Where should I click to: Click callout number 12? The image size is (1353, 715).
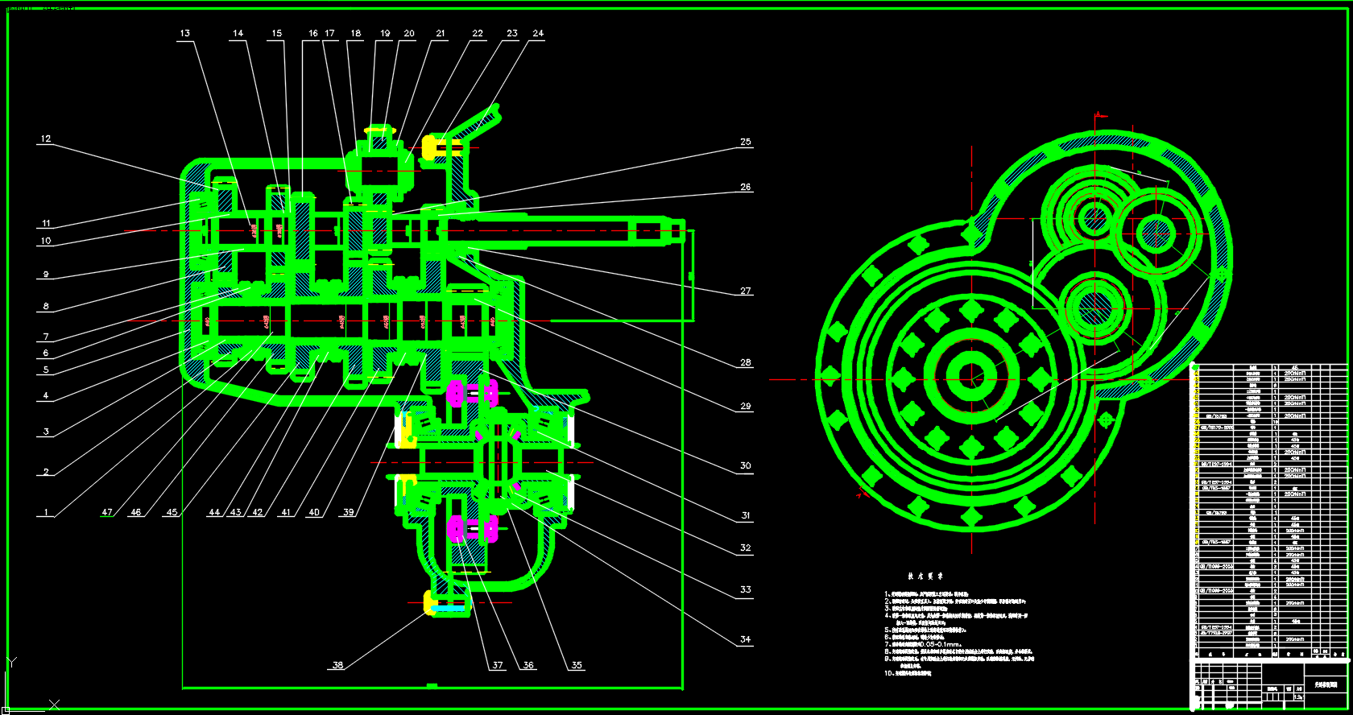[x=46, y=138]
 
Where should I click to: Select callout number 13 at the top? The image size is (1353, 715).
[x=185, y=33]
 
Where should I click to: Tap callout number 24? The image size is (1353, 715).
[x=538, y=33]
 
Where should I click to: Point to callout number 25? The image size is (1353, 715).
[x=746, y=142]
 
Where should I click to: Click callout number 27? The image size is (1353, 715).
[x=746, y=291]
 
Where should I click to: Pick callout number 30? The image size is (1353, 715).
[x=746, y=465]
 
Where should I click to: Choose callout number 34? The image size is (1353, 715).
[x=746, y=639]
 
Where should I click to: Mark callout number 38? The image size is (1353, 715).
[x=337, y=665]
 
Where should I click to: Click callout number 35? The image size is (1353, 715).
[x=577, y=665]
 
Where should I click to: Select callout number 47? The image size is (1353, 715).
[x=107, y=512]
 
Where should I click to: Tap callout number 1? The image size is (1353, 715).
[x=46, y=512]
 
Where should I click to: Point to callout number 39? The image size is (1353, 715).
[x=348, y=512]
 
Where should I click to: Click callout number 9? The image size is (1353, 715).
[x=46, y=275]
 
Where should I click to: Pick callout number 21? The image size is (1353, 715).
[x=441, y=33]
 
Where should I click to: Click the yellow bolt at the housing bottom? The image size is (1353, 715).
[x=435, y=602]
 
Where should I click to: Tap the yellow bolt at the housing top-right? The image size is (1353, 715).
[x=433, y=147]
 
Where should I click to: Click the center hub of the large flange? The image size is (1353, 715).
[x=972, y=375]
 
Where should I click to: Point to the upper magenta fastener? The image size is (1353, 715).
[x=457, y=394]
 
